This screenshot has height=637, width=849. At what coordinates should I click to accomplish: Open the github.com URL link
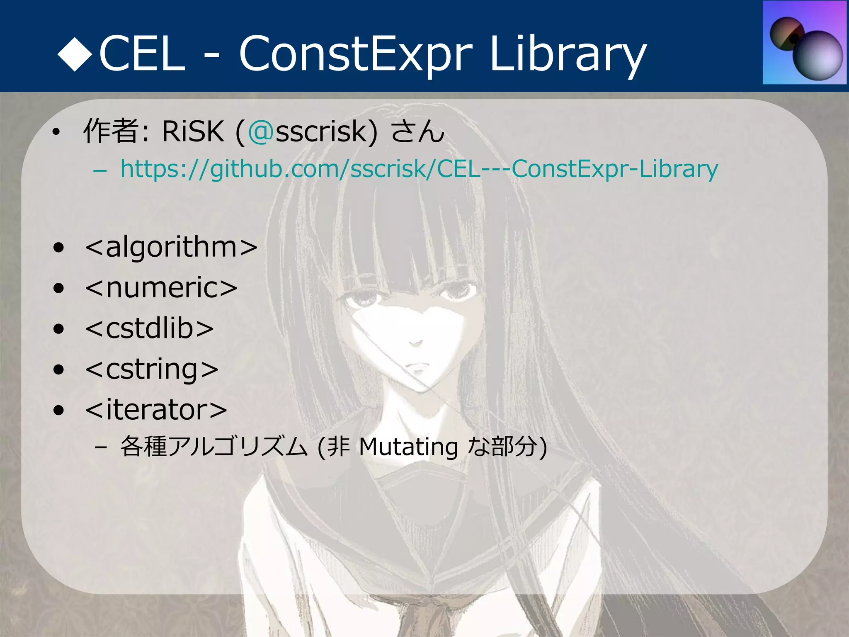click(x=419, y=169)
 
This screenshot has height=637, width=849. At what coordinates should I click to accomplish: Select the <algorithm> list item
click(x=171, y=247)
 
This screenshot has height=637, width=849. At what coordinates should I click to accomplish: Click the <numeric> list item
click(x=161, y=287)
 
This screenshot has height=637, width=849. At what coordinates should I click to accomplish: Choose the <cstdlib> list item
click(x=149, y=328)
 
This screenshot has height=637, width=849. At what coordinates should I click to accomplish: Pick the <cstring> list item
click(x=152, y=369)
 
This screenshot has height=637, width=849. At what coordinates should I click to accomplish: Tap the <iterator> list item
click(x=156, y=409)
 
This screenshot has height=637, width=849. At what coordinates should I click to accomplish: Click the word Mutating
click(x=408, y=447)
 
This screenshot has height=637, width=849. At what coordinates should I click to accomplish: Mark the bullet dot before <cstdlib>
click(x=59, y=329)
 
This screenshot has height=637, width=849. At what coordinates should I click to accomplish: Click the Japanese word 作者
click(x=111, y=131)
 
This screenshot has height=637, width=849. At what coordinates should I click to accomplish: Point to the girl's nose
click(x=415, y=343)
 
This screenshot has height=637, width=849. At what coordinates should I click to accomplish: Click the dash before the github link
click(x=100, y=170)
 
